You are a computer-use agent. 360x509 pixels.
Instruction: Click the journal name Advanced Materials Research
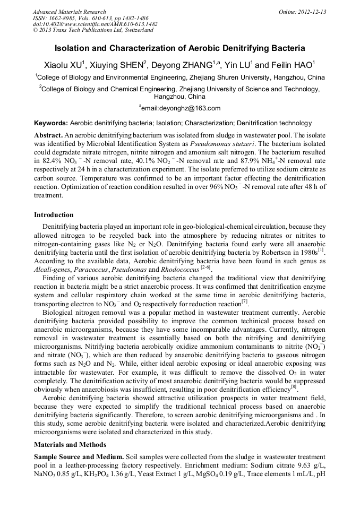[70, 12]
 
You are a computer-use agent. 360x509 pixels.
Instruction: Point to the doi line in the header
[95, 24]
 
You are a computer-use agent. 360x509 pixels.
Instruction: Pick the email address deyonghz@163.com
[181, 108]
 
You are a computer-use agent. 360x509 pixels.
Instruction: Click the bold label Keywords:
[51, 123]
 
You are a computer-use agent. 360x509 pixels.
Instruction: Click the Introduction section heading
[54, 215]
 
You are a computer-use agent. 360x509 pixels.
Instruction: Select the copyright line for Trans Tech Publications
[93, 31]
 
